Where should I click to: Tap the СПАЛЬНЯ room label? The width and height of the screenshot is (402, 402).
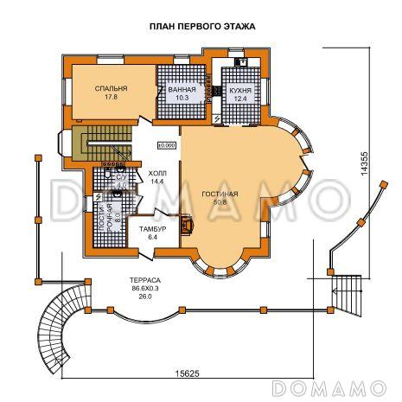click(x=112, y=89)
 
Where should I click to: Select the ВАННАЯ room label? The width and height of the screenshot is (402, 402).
click(x=182, y=89)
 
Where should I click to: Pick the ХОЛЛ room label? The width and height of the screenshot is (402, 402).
click(x=157, y=173)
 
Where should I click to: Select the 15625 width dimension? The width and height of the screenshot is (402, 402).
click(x=189, y=373)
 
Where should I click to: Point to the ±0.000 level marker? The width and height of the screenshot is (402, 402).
click(x=167, y=145)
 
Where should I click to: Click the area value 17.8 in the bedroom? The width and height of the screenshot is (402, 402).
click(x=112, y=98)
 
